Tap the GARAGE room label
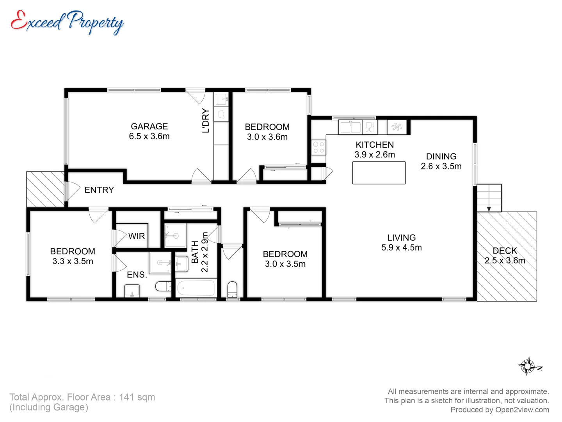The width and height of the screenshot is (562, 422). coord(149,126)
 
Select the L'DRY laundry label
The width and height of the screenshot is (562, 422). coord(206,121)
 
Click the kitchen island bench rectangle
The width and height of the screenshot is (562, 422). coord(379,173)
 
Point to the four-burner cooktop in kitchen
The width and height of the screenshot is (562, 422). coord(318,147)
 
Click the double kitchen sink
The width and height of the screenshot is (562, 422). coord(350,127)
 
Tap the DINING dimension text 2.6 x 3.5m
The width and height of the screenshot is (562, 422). coord(441,166)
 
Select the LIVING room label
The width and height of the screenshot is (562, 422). coord(401,238)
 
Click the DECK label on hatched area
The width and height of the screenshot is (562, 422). coord(505,251)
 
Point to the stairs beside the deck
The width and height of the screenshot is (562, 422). coord(489,198)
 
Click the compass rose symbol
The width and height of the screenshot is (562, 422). coord(528,367)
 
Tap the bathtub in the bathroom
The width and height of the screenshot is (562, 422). coord(196,289)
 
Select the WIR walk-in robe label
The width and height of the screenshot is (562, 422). coord(137,236)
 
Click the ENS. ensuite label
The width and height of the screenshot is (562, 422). coord(137,275)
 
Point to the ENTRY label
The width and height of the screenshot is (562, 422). coord(99,190)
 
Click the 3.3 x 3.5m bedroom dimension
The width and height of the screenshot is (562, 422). coord(73,261)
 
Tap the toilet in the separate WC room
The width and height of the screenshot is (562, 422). coord(232,289)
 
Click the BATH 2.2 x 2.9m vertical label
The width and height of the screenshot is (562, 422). coord(199,252)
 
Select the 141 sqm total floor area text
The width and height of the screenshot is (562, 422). coord(137,397)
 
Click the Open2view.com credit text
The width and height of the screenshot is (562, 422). coord(522,410)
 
